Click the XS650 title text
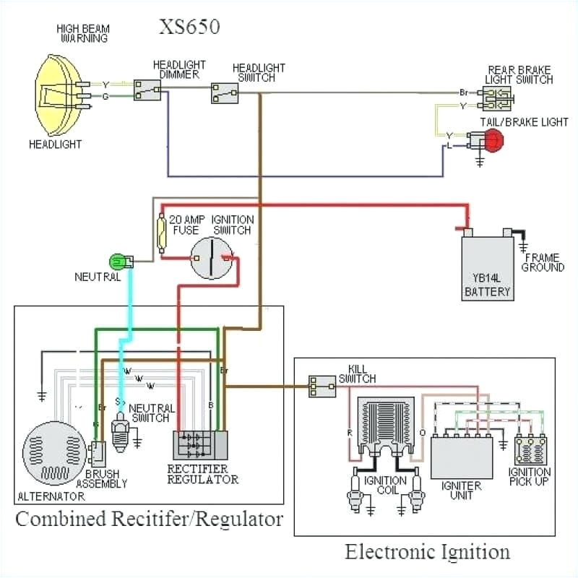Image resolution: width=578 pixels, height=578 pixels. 189,27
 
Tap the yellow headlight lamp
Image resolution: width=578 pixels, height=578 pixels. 62,94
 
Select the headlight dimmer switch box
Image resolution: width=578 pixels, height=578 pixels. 147,90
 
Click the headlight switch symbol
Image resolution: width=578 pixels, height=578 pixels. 225,93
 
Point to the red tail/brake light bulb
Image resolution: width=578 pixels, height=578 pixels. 493,142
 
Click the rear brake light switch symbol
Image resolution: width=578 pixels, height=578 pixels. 497,98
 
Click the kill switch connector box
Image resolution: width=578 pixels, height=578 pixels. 322,387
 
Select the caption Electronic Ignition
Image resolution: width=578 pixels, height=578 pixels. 427,553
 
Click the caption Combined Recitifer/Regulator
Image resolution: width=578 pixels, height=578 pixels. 149,519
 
